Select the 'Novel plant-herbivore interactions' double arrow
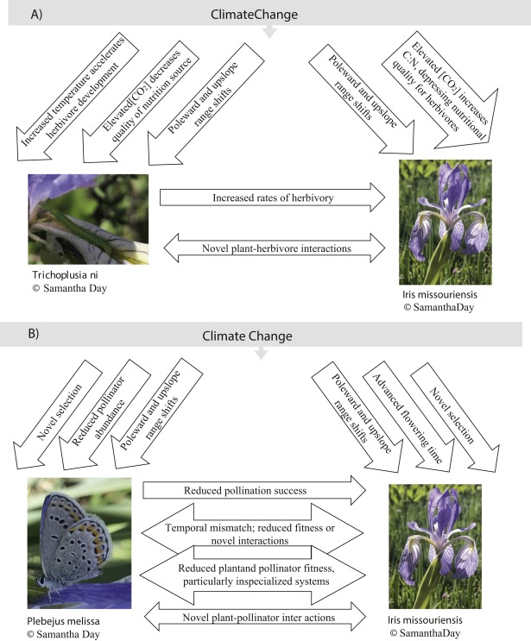point(272,248)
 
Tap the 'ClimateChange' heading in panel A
point(271,14)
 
